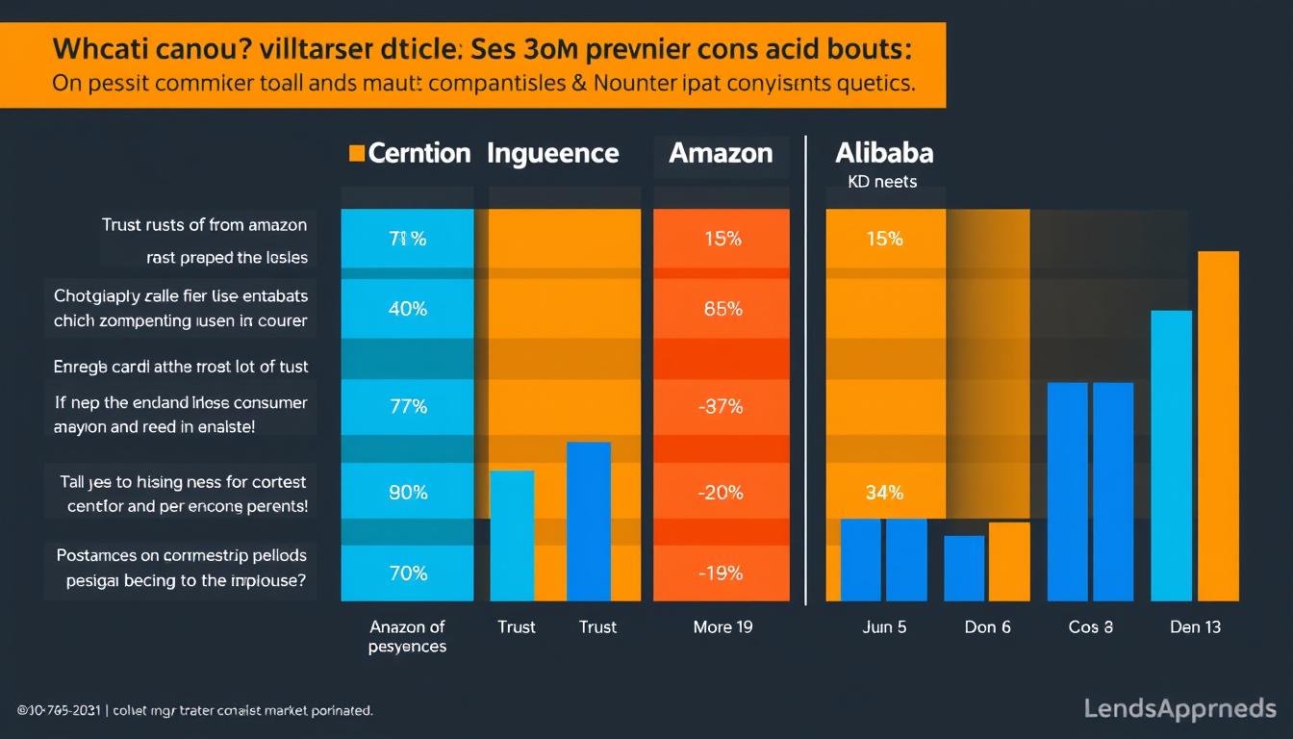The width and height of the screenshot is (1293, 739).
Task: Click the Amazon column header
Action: [x=721, y=153]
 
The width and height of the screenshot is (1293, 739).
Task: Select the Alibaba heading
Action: [x=884, y=153]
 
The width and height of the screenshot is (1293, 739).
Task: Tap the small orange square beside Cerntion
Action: [x=357, y=153]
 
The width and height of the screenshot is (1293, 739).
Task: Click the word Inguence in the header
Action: [x=553, y=153]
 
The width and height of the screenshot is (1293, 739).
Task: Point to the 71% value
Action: [x=408, y=239]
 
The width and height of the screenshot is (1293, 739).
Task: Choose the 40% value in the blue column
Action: [x=408, y=309]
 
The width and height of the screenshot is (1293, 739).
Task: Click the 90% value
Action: [x=408, y=493]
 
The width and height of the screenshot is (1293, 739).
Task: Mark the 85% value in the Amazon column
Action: [x=723, y=310]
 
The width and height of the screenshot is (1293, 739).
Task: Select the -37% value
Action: [x=721, y=407]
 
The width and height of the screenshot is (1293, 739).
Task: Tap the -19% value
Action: [x=721, y=573]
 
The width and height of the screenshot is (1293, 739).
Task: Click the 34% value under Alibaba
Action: [x=884, y=493]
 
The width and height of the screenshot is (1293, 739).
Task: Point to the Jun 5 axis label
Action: [x=883, y=627]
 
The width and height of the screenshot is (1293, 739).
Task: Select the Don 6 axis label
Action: [x=987, y=627]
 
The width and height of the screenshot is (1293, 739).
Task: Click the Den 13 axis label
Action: [x=1195, y=627]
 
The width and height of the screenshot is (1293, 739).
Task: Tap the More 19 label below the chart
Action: [x=723, y=627]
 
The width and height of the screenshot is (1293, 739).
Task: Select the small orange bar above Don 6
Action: [x=1009, y=562]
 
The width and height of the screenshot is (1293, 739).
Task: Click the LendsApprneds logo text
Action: [x=1179, y=709]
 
